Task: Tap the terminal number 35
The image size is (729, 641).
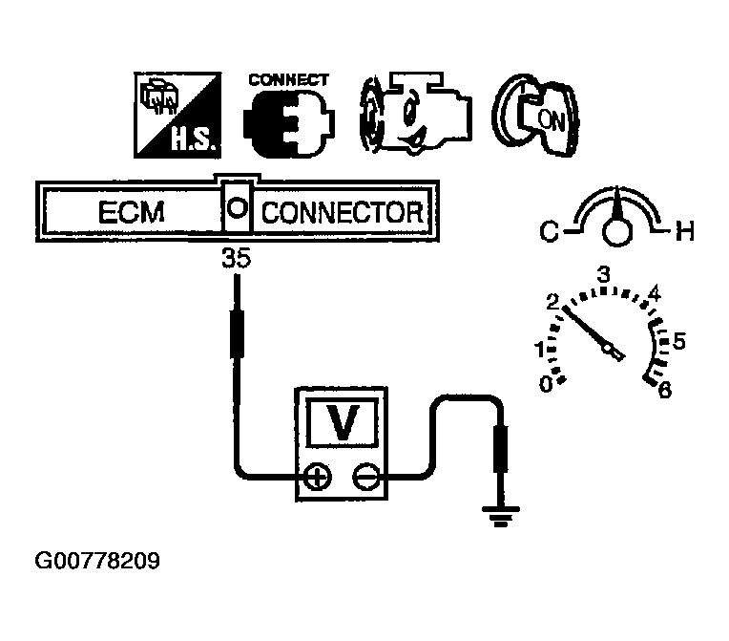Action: (235, 258)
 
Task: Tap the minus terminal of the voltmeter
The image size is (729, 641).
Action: (365, 474)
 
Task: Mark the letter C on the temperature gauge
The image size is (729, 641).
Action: (552, 230)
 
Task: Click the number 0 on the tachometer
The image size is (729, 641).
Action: (546, 384)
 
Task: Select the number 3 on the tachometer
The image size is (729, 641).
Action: (603, 275)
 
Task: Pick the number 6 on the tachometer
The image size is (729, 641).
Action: (665, 390)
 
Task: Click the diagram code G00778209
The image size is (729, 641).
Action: (97, 560)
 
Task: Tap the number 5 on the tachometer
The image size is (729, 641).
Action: (679, 339)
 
